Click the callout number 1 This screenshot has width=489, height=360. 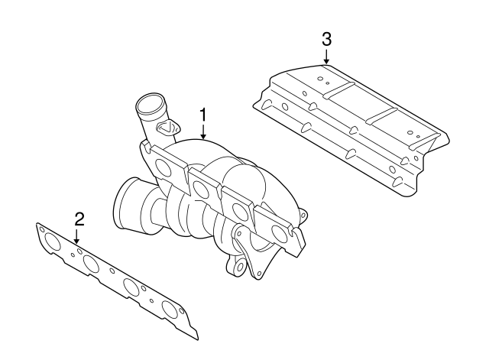tap(203, 115)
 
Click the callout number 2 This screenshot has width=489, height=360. tap(78, 219)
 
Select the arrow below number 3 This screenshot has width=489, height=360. tap(326, 57)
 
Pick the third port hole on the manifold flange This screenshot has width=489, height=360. tap(240, 211)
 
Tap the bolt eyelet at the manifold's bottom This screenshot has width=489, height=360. tap(239, 267)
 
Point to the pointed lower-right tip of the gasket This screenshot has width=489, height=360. tap(197, 336)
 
